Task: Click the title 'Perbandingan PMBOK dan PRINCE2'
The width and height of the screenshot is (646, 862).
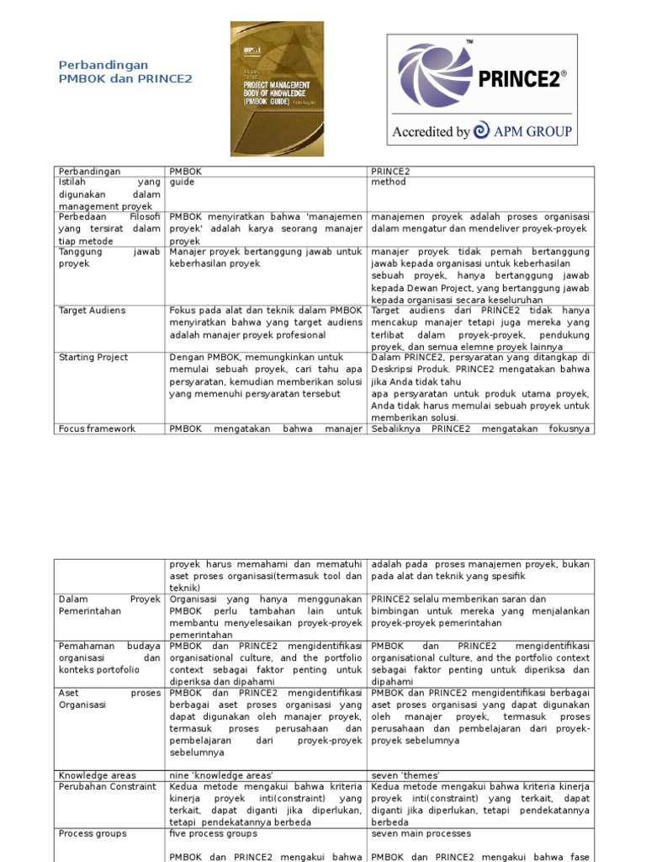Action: pyautogui.click(x=125, y=72)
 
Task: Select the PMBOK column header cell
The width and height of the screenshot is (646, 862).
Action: pyautogui.click(x=185, y=171)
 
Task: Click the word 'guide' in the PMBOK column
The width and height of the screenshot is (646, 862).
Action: pyautogui.click(x=183, y=182)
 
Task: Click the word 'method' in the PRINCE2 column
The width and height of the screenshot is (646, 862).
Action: pyautogui.click(x=388, y=182)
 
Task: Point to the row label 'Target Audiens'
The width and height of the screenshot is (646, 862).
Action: pyautogui.click(x=92, y=311)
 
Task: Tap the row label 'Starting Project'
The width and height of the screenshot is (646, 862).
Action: pyautogui.click(x=93, y=358)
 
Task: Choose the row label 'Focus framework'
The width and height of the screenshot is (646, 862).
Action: pyautogui.click(x=97, y=428)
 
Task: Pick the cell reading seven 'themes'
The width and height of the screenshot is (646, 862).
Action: pyautogui.click(x=406, y=775)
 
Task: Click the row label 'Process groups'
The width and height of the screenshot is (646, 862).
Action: pyautogui.click(x=93, y=833)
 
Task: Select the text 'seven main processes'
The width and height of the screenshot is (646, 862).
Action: pyautogui.click(x=421, y=833)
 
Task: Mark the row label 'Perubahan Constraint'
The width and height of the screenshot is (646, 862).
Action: pyautogui.click(x=107, y=786)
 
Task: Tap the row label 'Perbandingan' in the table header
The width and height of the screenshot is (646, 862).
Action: pyautogui.click(x=88, y=171)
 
